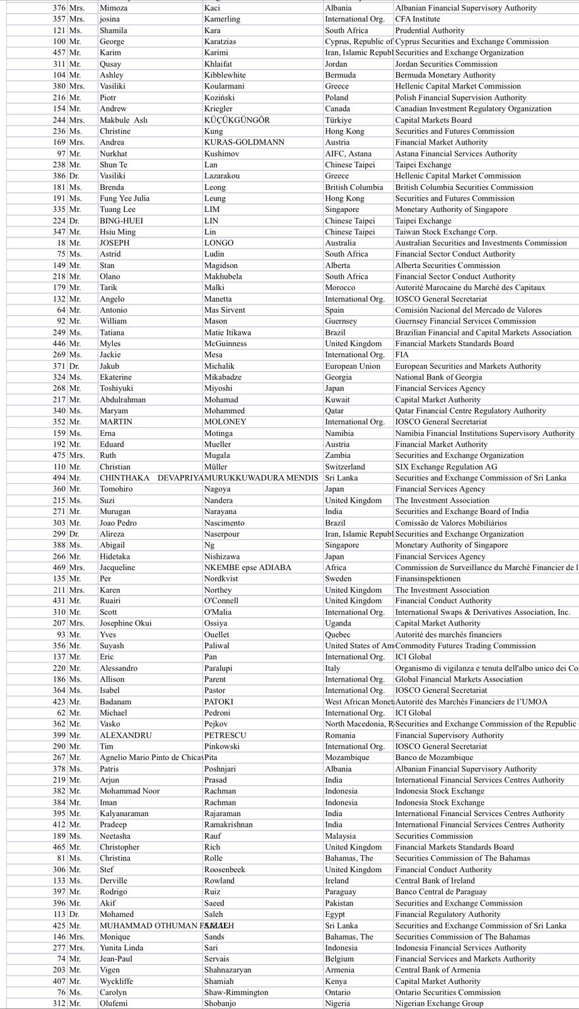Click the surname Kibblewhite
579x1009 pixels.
pyautogui.click(x=225, y=75)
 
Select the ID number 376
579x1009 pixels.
pyautogui.click(x=59, y=8)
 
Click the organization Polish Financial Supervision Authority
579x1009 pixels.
pyautogui.click(x=460, y=98)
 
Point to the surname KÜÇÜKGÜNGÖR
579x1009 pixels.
pyautogui.click(x=237, y=120)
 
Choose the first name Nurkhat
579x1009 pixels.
pyautogui.click(x=113, y=154)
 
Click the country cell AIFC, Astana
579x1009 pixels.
pyautogui.click(x=348, y=154)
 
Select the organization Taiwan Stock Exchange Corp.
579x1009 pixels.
pyautogui.click(x=446, y=232)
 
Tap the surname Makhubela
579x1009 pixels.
pyautogui.click(x=223, y=277)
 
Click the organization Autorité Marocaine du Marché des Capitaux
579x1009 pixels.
pyautogui.click(x=470, y=288)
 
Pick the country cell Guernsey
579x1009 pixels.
pyautogui.click(x=341, y=321)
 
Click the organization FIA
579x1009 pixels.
pyautogui.click(x=402, y=355)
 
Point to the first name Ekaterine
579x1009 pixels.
pyautogui.click(x=115, y=377)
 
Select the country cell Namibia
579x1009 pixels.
pyautogui.click(x=339, y=433)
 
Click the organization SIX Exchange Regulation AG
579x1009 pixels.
pyautogui.click(x=446, y=467)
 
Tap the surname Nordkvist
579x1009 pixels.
pyautogui.click(x=221, y=579)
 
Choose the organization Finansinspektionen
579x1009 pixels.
pyautogui.click(x=428, y=579)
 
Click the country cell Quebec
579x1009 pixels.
pyautogui.click(x=337, y=634)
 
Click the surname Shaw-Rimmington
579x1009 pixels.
pyautogui.click(x=236, y=993)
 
